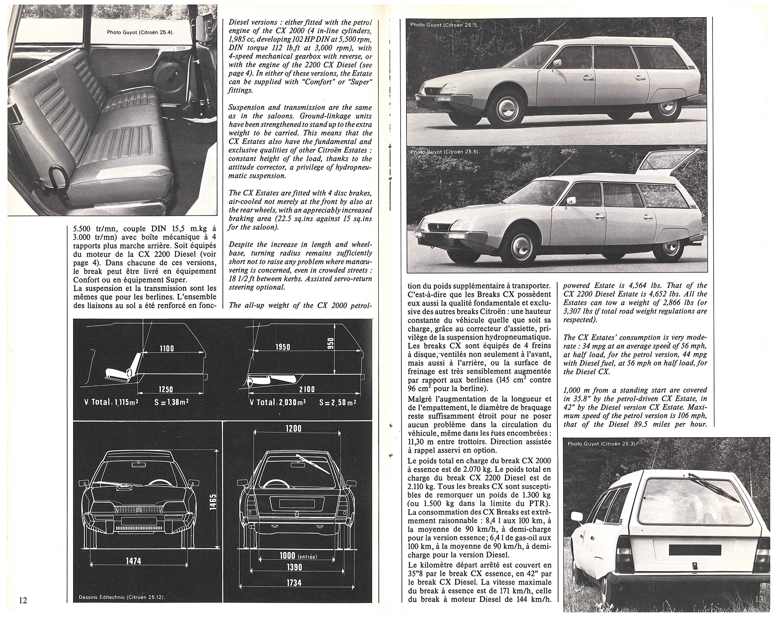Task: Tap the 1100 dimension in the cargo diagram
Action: (167, 348)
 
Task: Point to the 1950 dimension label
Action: (283, 346)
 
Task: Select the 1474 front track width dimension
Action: (133, 561)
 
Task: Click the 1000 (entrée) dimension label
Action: (298, 556)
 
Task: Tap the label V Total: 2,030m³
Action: (278, 402)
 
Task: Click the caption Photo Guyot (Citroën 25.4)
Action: (140, 32)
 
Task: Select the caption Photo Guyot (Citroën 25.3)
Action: (601, 443)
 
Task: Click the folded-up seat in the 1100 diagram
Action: (122, 369)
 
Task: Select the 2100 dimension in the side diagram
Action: (307, 389)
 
